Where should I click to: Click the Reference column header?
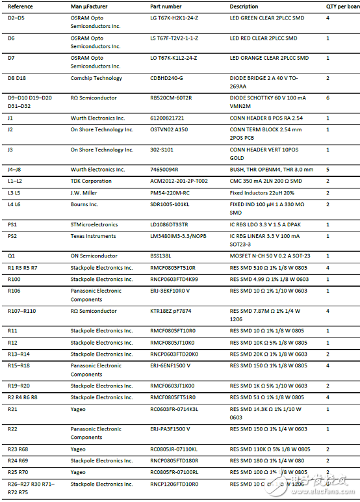(20, 6)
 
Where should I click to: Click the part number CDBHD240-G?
(167, 78)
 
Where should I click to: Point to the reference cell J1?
(10, 118)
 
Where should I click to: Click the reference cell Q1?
(11, 256)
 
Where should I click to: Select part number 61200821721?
(167, 118)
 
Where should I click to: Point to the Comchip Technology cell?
(96, 78)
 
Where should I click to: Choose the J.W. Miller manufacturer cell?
(88, 192)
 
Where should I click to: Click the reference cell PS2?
(12, 236)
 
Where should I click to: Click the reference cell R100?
(14, 279)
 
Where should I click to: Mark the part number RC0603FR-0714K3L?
(174, 409)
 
